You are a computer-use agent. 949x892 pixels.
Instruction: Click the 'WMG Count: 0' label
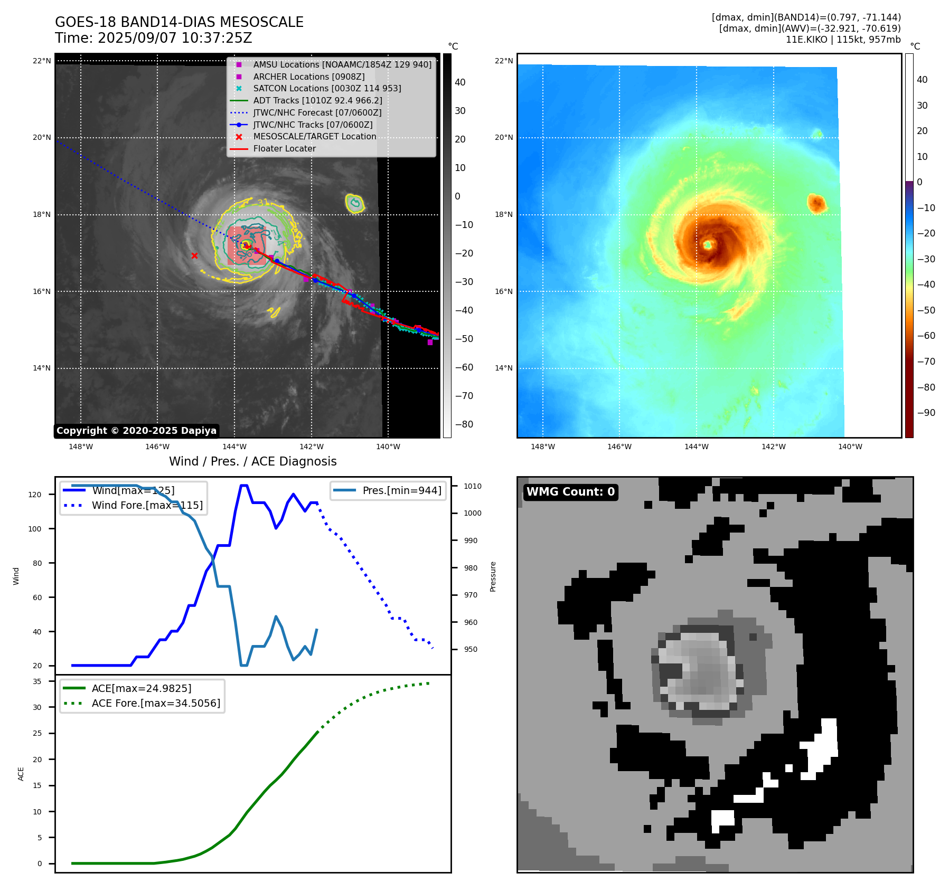coord(570,492)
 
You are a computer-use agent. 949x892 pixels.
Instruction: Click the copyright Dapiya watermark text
coord(136,431)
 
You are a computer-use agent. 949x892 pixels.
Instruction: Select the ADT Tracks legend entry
coord(317,100)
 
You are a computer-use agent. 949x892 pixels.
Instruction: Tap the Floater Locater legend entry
coord(284,149)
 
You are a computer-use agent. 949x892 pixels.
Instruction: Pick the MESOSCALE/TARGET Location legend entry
coord(314,137)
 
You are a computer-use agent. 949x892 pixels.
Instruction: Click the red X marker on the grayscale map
coord(194,256)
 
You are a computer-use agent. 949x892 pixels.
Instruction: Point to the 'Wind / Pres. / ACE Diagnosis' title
coord(252,461)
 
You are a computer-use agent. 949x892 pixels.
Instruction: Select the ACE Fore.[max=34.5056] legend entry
coord(156,703)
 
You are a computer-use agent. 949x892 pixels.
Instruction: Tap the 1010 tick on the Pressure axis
coord(473,486)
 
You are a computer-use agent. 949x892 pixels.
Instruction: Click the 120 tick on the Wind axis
coord(35,495)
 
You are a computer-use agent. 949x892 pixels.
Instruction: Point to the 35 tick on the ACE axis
coord(37,681)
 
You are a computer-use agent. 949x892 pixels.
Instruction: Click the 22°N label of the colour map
coord(503,61)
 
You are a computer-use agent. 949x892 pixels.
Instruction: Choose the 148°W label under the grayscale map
coord(81,447)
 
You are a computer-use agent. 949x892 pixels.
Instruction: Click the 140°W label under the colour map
coord(850,447)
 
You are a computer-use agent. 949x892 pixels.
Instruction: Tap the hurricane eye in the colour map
coord(708,244)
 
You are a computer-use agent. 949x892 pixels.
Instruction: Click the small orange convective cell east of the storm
coord(816,203)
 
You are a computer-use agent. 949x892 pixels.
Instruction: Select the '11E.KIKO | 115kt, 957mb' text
coord(843,40)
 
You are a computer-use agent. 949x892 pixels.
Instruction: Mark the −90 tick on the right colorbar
coord(926,413)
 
